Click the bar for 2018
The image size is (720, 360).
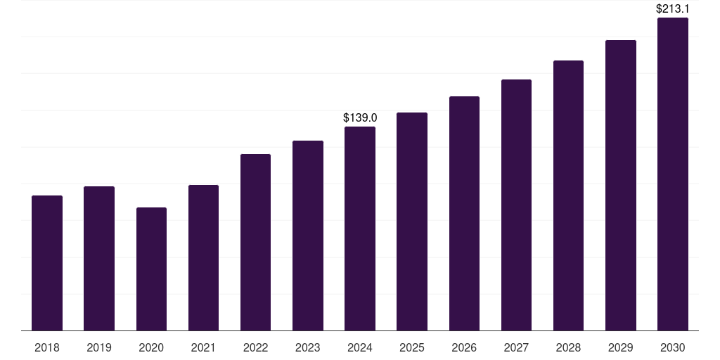click(x=47, y=263)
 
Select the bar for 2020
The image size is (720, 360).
click(x=151, y=269)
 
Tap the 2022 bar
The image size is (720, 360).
click(x=255, y=242)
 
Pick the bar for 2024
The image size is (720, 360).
click(x=360, y=229)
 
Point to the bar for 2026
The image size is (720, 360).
click(x=464, y=213)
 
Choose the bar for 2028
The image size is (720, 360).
click(x=568, y=195)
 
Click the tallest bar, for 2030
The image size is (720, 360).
click(x=673, y=174)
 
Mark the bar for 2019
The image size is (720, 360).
click(x=99, y=258)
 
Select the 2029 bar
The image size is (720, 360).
click(x=621, y=185)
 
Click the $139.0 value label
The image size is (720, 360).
click(x=360, y=117)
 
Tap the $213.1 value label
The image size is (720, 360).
click(x=673, y=9)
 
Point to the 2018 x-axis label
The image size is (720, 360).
click(x=47, y=347)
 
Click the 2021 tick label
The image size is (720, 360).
click(x=203, y=347)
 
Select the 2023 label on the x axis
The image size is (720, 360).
click(x=308, y=347)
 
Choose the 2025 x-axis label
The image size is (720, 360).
click(x=412, y=347)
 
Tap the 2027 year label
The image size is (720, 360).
click(x=516, y=347)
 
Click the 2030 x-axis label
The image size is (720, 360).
click(x=673, y=347)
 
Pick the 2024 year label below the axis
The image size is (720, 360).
click(x=360, y=347)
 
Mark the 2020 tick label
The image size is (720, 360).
click(x=151, y=347)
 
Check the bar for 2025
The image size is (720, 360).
click(x=412, y=221)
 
